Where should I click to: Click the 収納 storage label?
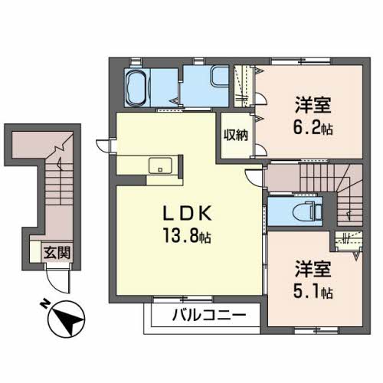click(x=235, y=135)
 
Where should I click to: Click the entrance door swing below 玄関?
click(x=68, y=281)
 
